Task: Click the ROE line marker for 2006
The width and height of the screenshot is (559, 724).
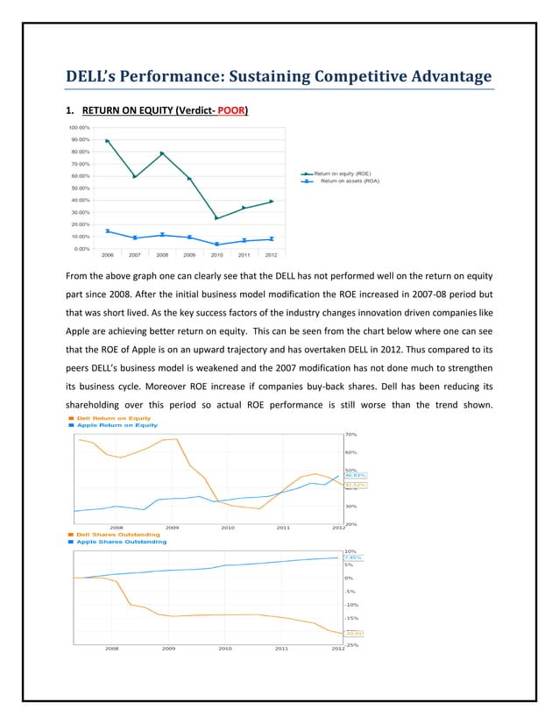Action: [x=107, y=140]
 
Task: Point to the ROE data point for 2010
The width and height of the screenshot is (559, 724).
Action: [x=216, y=218]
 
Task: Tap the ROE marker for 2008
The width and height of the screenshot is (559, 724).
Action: [x=162, y=153]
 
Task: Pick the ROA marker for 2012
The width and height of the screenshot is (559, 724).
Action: [x=272, y=238]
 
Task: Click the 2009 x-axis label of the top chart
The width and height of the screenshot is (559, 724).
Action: [x=189, y=256]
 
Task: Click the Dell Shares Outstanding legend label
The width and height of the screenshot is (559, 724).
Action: [x=117, y=534]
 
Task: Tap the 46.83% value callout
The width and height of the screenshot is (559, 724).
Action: [x=354, y=475]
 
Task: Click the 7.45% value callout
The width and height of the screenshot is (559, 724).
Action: [x=353, y=557]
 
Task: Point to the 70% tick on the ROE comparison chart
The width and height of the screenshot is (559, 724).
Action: [x=350, y=434]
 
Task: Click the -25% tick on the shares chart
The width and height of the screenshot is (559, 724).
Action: [x=350, y=645]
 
